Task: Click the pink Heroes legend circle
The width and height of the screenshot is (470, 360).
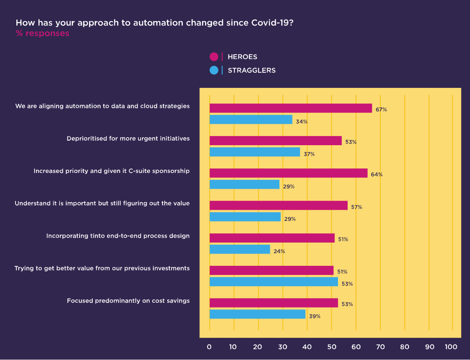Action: (x=214, y=56)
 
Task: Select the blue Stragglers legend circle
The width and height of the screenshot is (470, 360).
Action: (x=214, y=71)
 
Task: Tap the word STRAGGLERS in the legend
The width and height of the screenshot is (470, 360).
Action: (x=252, y=71)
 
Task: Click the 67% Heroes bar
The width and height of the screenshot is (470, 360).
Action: (x=291, y=108)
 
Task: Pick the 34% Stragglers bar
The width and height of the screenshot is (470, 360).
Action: (x=251, y=120)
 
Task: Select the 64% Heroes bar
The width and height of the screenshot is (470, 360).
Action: (x=288, y=173)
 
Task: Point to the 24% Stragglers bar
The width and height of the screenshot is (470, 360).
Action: (x=240, y=249)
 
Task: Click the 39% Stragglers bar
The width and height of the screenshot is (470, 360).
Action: (x=258, y=314)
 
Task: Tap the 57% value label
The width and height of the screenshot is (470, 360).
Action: (x=357, y=207)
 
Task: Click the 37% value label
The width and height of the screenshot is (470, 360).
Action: (x=309, y=154)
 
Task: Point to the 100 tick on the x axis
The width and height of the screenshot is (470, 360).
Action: (x=451, y=347)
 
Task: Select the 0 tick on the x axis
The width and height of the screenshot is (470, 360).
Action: (x=209, y=347)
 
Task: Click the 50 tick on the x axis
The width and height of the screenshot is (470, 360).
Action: (x=332, y=347)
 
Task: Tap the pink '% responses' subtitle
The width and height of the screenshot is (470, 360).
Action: (x=43, y=33)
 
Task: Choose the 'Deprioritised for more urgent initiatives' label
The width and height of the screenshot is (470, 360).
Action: (x=128, y=138)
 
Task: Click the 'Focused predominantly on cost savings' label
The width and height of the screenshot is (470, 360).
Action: (x=128, y=301)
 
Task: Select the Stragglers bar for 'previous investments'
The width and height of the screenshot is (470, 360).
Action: (x=273, y=282)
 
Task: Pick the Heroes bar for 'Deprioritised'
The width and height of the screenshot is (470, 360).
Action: (x=275, y=141)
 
